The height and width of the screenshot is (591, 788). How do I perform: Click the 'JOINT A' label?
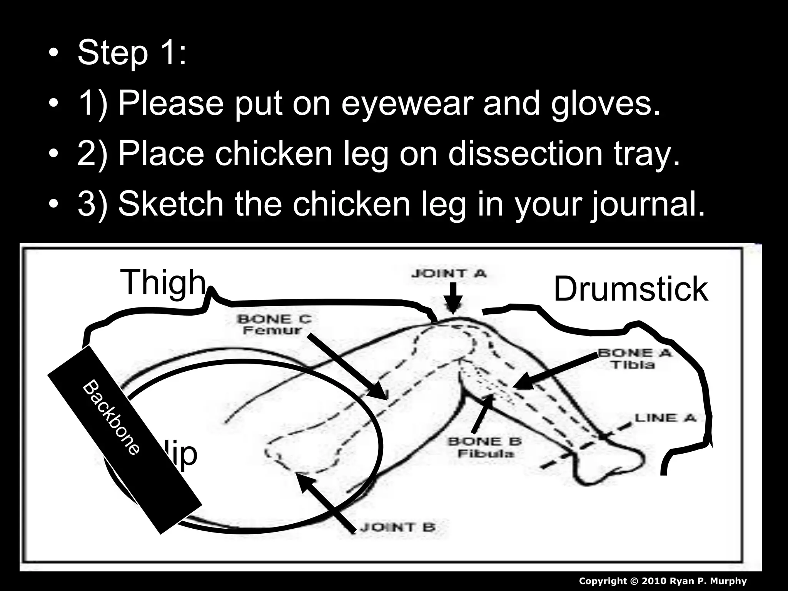pos(449,274)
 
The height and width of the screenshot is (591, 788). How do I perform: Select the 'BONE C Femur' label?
pos(274,324)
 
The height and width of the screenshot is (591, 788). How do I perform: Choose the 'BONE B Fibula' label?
pos(485,447)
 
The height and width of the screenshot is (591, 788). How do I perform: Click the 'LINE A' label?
pos(665,418)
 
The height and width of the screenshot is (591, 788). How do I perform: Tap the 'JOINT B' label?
pos(398,527)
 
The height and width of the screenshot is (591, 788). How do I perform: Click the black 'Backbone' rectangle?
pos(125,439)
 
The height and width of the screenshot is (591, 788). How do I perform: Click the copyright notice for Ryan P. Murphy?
pos(663,581)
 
